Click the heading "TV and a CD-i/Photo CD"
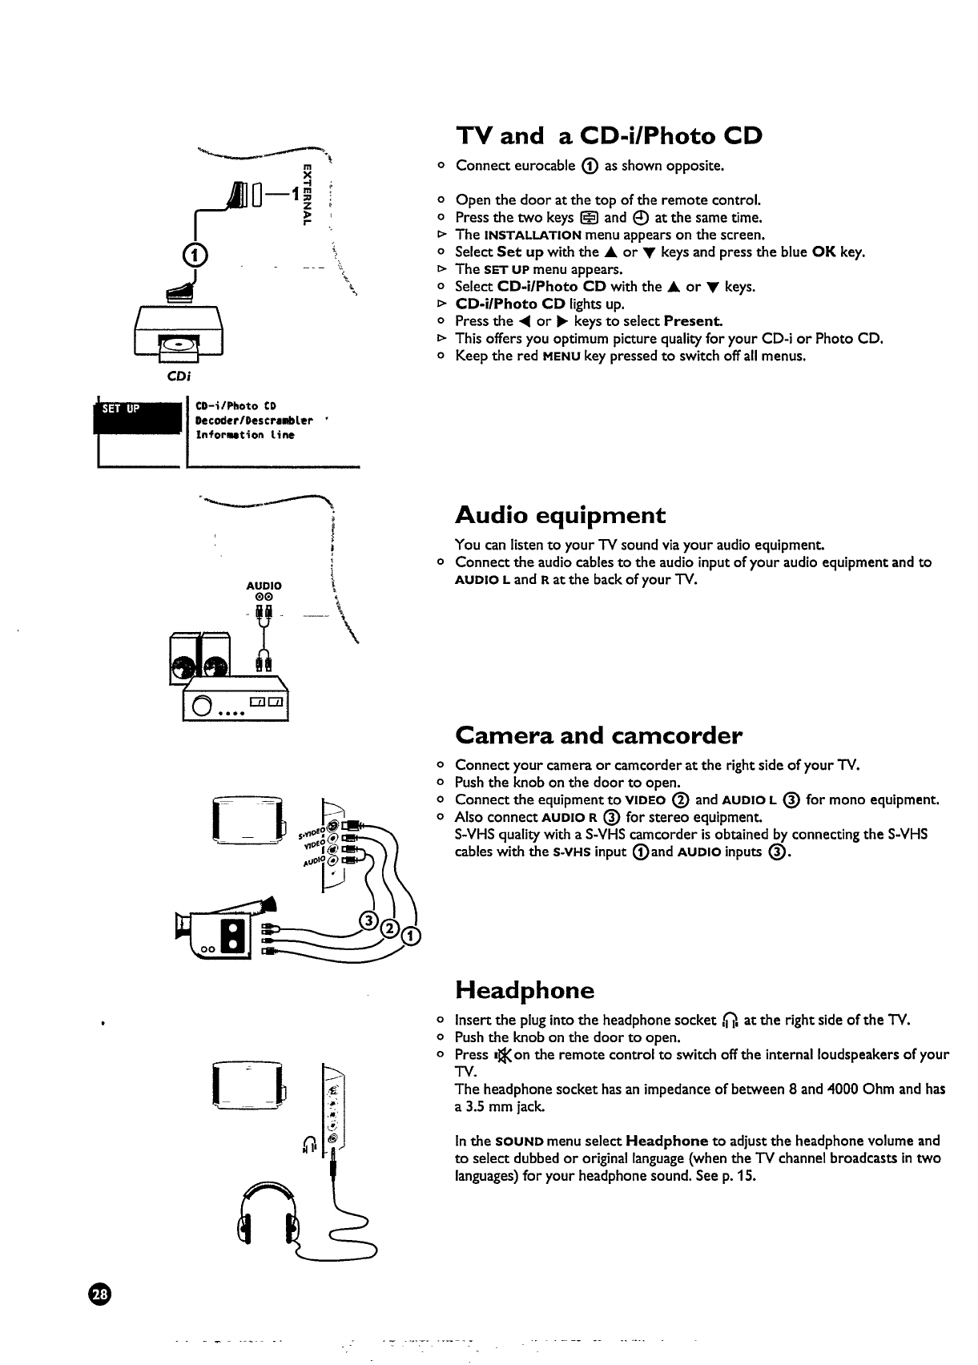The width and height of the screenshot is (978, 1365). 608,135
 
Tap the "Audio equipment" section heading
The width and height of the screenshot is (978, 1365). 560,514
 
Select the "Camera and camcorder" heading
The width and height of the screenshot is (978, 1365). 598,735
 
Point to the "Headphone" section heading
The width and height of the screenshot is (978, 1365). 525,990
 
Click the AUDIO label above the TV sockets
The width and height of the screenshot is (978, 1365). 264,586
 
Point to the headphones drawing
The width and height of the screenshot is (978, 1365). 270,1218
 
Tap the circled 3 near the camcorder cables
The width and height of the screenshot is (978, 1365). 369,920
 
